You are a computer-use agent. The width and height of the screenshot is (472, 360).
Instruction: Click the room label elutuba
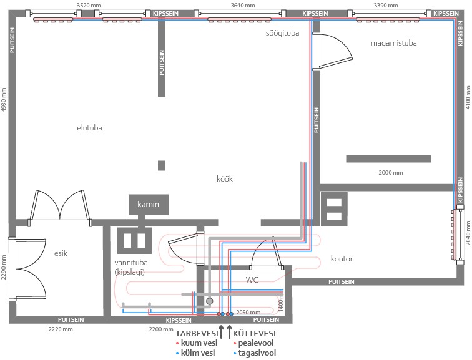[x=89, y=128]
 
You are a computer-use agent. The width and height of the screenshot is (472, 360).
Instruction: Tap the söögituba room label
[x=282, y=33]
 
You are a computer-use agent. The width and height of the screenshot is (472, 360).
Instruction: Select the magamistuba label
[x=394, y=43]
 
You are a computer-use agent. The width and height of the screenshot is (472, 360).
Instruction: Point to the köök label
[x=225, y=178]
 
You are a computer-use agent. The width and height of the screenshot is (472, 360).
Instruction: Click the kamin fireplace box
[x=149, y=205]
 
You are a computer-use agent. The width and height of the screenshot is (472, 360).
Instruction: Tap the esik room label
[x=61, y=253]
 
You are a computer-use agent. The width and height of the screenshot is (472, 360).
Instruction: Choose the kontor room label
[x=342, y=259]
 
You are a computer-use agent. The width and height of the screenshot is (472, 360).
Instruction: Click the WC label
[x=252, y=280]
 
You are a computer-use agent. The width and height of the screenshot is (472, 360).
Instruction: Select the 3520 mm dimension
[x=89, y=6]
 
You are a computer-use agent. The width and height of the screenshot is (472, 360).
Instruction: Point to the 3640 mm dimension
[x=243, y=6]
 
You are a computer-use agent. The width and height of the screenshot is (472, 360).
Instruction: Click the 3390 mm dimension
[x=386, y=6]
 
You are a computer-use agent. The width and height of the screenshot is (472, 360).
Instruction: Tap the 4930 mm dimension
[x=4, y=100]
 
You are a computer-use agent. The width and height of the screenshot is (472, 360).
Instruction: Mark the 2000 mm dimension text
[x=391, y=173]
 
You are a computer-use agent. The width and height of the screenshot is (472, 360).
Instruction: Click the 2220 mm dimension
[x=61, y=329]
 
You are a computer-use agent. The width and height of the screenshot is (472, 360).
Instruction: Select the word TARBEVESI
[x=197, y=334]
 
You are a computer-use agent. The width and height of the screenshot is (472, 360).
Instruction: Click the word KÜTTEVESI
[x=254, y=334]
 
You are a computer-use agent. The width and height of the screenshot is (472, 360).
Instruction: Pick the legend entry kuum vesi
[x=197, y=343]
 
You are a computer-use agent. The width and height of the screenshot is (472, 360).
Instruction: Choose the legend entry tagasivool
[x=255, y=353]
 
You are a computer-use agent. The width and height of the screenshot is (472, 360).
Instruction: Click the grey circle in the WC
[x=210, y=301]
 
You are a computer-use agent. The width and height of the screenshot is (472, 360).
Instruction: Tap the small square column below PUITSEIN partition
[x=162, y=166]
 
